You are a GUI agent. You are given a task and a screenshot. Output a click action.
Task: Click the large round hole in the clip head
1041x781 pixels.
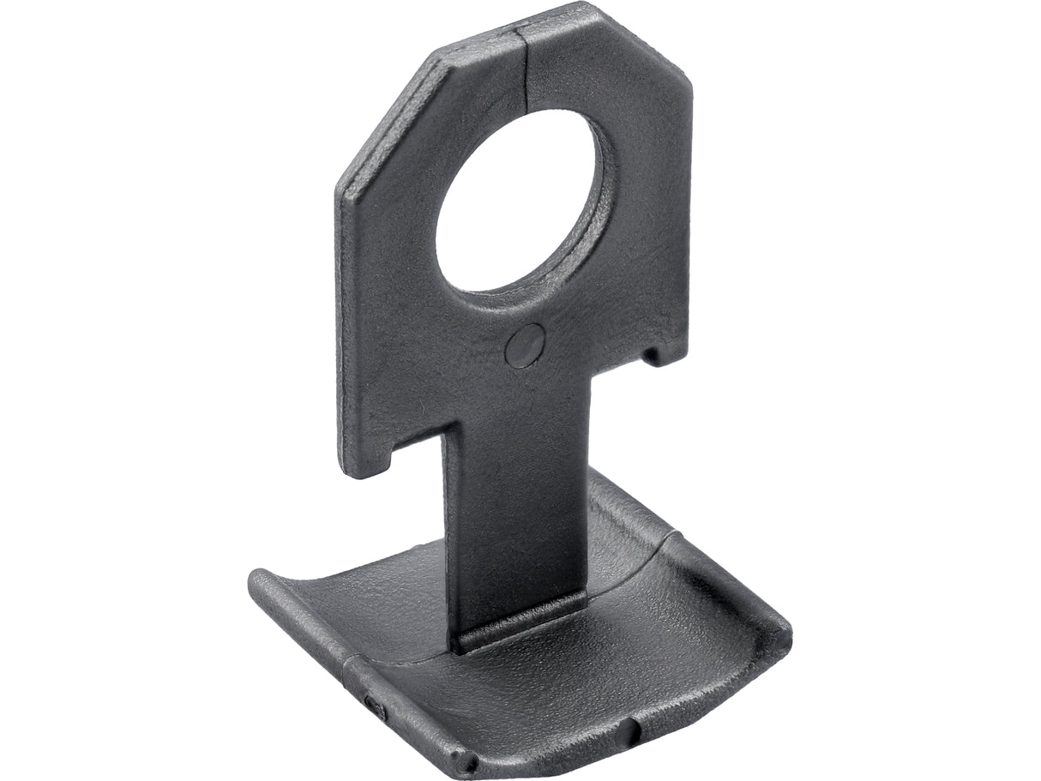pyautogui.click(x=514, y=206)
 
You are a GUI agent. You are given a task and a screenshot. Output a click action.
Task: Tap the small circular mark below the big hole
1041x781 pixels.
pyautogui.click(x=524, y=345)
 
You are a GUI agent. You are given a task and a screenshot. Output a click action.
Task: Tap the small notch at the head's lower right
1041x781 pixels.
pyautogui.click(x=659, y=352)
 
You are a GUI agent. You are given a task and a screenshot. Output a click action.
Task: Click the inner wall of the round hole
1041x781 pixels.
pyautogui.click(x=592, y=214)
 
